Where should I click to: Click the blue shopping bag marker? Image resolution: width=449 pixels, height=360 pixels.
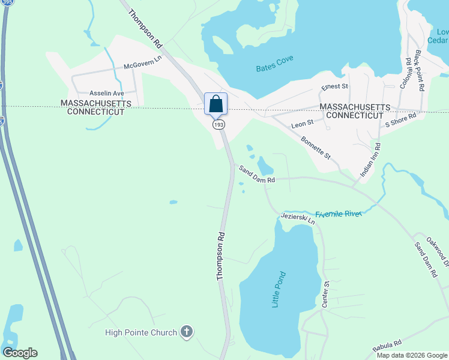216,103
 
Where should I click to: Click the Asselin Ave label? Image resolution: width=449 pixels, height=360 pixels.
106,94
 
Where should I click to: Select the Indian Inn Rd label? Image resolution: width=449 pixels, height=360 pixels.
370,159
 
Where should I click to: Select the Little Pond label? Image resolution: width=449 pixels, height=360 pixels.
279,290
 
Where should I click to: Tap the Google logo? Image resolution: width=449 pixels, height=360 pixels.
20,353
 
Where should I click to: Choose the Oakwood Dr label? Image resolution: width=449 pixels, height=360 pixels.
438,251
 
